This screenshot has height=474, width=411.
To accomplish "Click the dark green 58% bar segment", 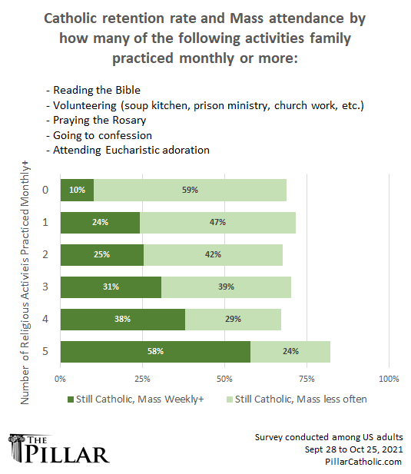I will (155, 351).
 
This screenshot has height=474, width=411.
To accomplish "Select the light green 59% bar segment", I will (190, 190).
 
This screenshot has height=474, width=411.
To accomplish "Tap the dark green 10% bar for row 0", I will (77, 190).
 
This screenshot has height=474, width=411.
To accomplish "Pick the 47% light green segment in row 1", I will (217, 222).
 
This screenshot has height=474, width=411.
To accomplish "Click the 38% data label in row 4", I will (122, 319).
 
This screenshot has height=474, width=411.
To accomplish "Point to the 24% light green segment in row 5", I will (290, 351).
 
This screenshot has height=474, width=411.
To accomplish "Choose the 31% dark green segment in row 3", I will (111, 287).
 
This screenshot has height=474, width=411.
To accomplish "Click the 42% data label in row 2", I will (213, 254).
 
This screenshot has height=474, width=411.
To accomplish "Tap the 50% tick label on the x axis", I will (224, 379).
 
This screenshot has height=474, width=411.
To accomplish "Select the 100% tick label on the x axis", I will (388, 379).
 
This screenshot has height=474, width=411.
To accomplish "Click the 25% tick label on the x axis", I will (142, 379).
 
